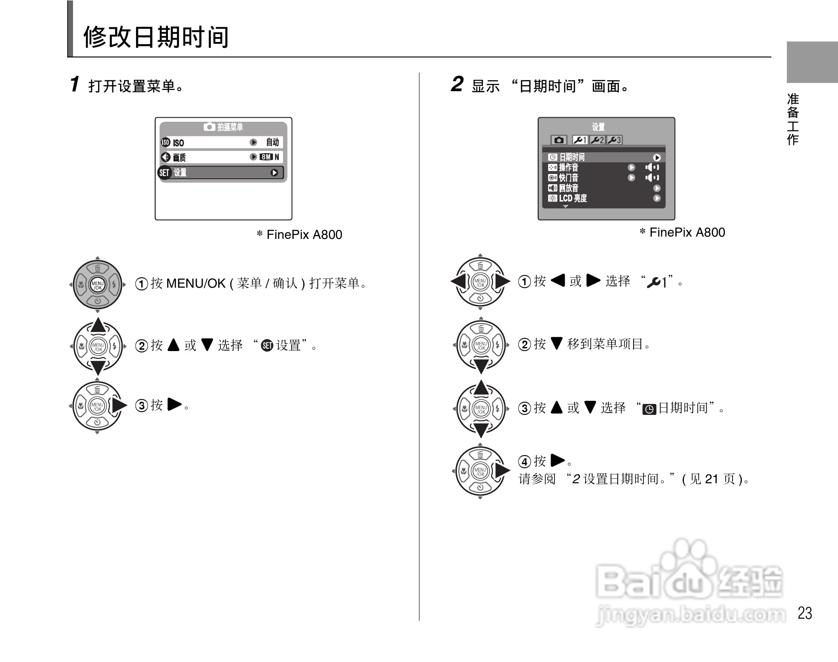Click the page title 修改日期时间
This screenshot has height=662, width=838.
pos(156,37)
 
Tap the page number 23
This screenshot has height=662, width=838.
pos(805,613)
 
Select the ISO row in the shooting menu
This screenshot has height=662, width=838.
pos(222,142)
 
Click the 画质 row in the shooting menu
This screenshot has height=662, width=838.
pos(222,157)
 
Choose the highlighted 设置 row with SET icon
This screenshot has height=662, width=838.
pos(222,173)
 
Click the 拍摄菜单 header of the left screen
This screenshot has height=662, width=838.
pos(224,127)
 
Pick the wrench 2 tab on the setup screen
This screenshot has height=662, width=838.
pos(597,140)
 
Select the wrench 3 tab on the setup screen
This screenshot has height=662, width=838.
pos(614,140)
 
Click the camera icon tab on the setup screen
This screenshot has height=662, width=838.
pos(559,140)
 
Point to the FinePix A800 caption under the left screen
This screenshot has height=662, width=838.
pos(299,235)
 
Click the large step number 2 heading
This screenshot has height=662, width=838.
pos(457,84)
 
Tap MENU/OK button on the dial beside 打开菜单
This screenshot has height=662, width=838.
pos(98,285)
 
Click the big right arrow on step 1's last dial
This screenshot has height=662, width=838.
pos(119,405)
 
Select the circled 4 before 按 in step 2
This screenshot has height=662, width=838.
pos(524,461)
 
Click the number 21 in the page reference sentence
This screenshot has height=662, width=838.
pos(712,479)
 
